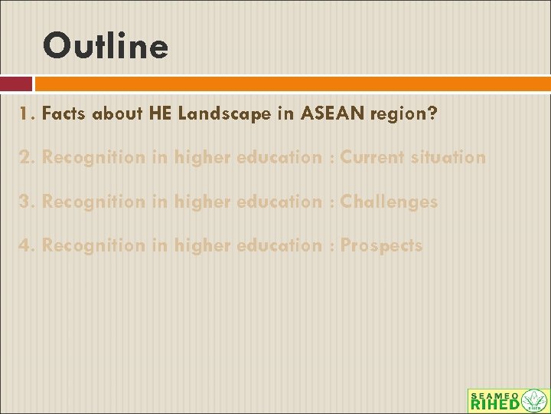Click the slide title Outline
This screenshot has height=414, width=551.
[x=106, y=46]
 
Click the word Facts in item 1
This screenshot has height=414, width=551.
[x=64, y=114]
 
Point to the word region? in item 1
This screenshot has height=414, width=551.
[x=403, y=115]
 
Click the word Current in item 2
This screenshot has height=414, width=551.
[x=372, y=158]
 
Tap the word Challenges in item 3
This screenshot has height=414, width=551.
[x=389, y=202]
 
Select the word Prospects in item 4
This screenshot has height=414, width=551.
[x=381, y=246]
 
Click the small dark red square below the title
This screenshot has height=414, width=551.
[x=15, y=84]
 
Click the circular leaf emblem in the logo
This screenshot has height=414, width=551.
[x=534, y=400]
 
